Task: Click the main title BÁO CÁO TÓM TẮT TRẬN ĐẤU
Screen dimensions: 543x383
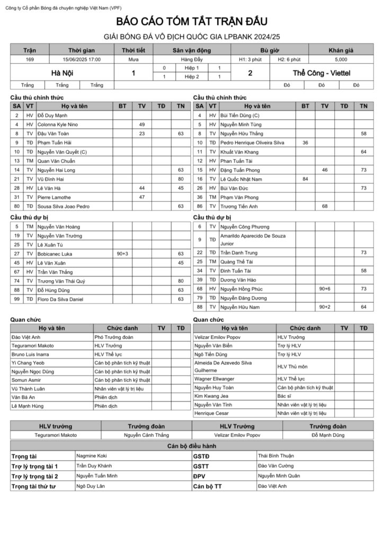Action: [x=192, y=22]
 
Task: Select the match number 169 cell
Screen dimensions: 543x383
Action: [x=30, y=59]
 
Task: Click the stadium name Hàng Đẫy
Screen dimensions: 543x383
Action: [x=191, y=59]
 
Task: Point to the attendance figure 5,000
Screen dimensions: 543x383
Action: [x=341, y=59]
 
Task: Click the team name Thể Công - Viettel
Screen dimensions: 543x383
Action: [x=321, y=73]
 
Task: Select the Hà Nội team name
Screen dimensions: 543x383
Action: [x=62, y=73]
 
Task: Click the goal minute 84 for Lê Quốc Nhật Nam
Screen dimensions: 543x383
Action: [x=305, y=179]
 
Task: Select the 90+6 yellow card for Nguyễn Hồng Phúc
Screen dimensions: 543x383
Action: [x=324, y=289]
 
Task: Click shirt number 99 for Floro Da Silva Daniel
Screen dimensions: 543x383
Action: [x=17, y=300]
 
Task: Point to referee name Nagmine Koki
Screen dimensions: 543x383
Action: [x=92, y=456]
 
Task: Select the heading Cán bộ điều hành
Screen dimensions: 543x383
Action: [x=191, y=446]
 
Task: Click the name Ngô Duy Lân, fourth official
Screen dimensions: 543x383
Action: [x=91, y=486]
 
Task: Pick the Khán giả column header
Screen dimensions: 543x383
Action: [x=341, y=50]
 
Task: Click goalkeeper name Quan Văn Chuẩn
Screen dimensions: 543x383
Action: [x=56, y=161]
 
